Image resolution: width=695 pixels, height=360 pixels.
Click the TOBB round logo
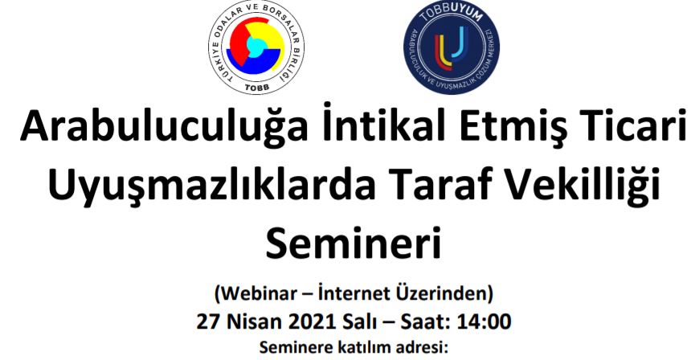[256, 47]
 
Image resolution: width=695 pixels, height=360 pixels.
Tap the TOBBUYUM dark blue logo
[452, 47]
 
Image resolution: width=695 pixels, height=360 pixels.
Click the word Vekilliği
[586, 186]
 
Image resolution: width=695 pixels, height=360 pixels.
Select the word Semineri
[354, 242]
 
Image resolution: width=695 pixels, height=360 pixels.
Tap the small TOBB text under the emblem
[256, 88]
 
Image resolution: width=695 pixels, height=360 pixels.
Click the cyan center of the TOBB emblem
[255, 45]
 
